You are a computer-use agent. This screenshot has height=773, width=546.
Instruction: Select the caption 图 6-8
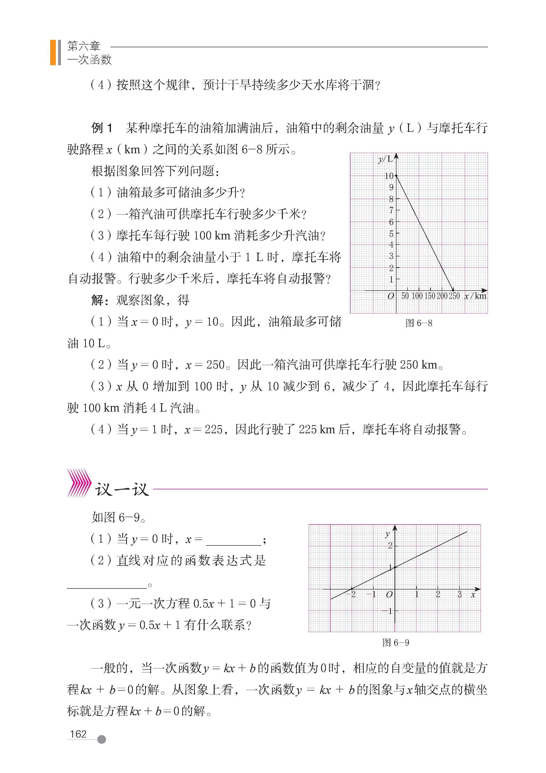coord(419,323)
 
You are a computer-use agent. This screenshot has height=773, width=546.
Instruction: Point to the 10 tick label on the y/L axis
coord(389,176)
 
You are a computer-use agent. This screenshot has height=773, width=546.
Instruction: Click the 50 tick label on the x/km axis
coord(405,296)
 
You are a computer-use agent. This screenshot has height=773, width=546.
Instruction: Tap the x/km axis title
coord(475,296)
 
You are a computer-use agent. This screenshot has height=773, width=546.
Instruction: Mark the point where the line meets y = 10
coord(396,176)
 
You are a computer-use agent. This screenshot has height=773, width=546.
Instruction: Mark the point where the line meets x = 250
coord(453,290)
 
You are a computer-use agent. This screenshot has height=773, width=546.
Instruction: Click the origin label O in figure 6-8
coord(391,296)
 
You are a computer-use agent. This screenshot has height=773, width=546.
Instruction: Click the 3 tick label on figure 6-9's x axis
coord(459,595)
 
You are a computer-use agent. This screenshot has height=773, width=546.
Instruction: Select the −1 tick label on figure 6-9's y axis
coord(388,611)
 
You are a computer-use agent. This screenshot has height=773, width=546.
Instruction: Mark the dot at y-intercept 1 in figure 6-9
coord(395,567)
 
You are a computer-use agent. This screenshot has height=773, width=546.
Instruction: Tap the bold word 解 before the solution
coord(97,300)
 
